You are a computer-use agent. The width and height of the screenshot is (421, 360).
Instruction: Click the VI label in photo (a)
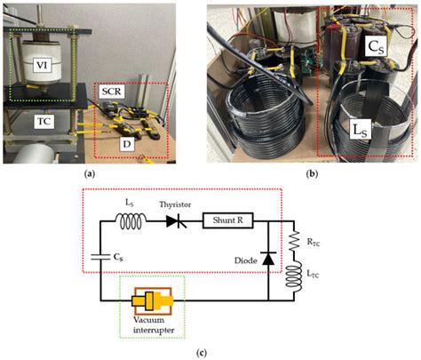[x=39, y=64]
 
